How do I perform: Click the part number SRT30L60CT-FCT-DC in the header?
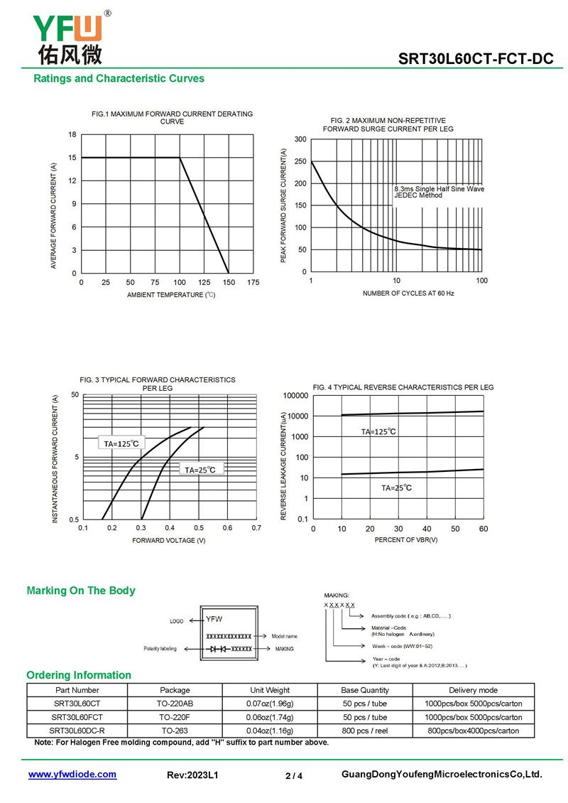(x=476, y=59)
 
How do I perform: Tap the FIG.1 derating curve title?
(x=173, y=117)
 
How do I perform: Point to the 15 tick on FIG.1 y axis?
(x=72, y=158)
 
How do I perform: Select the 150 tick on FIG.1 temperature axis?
(x=229, y=283)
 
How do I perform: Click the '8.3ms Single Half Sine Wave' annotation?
(x=439, y=189)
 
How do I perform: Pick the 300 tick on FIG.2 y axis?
(x=301, y=139)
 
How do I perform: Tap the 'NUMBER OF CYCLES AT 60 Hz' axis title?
(x=408, y=293)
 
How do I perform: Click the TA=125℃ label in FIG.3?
(x=121, y=443)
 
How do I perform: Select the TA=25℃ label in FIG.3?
(x=200, y=470)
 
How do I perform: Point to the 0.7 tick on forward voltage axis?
(x=256, y=529)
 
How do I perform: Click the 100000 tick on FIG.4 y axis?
(x=295, y=395)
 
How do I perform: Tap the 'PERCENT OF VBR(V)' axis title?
(x=406, y=540)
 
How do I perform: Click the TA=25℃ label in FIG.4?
(x=396, y=488)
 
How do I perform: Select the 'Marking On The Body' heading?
(x=81, y=591)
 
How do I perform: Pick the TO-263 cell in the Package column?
(x=175, y=731)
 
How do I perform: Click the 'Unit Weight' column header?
(x=270, y=690)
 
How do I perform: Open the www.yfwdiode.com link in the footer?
(x=72, y=775)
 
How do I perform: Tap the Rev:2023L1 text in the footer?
(x=192, y=775)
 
